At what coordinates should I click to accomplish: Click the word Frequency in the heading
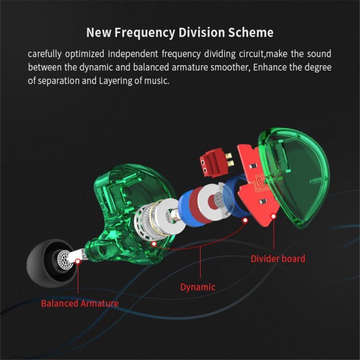point(145,32)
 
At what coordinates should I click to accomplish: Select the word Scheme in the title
point(251,32)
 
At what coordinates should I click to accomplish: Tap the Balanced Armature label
point(80,303)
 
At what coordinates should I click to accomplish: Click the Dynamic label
point(198,287)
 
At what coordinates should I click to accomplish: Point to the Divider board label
point(278,259)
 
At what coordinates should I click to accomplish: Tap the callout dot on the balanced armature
point(78,261)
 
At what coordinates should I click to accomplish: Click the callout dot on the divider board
point(273,216)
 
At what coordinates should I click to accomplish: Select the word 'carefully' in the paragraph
point(45,54)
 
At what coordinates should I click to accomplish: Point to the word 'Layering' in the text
point(116,81)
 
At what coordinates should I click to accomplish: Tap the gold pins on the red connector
point(229,160)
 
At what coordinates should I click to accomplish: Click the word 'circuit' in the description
point(252,54)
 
